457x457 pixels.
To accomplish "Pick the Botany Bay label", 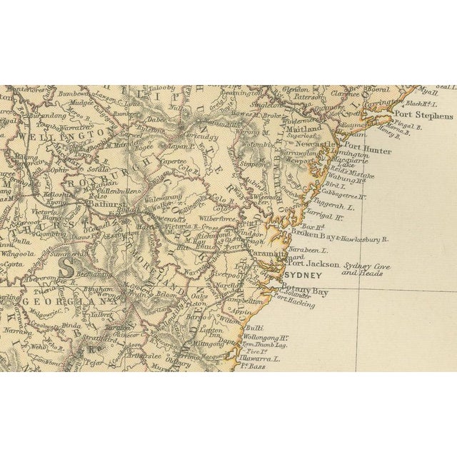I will coord(308,291).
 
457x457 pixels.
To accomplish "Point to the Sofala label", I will coord(96,171).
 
